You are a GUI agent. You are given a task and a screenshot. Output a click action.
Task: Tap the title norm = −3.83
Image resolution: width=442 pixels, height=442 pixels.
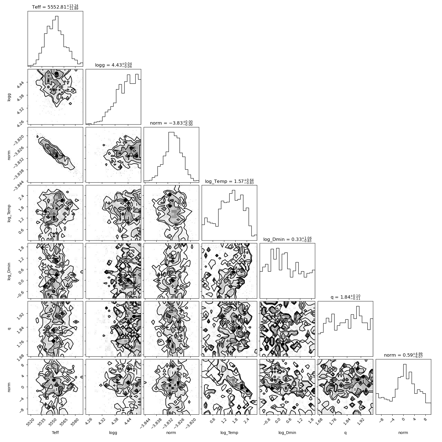point(171,123)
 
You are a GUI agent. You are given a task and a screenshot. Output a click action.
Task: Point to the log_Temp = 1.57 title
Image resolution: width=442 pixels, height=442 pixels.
point(229,181)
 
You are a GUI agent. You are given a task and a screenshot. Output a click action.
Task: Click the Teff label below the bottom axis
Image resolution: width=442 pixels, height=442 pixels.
point(55,433)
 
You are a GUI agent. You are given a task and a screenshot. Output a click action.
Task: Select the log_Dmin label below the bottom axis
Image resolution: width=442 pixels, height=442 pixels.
point(287,433)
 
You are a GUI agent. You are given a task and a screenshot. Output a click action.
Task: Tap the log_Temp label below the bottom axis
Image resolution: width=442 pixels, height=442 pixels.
point(229,433)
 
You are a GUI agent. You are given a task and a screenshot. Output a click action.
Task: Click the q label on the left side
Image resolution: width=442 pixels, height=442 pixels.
point(9,329)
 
